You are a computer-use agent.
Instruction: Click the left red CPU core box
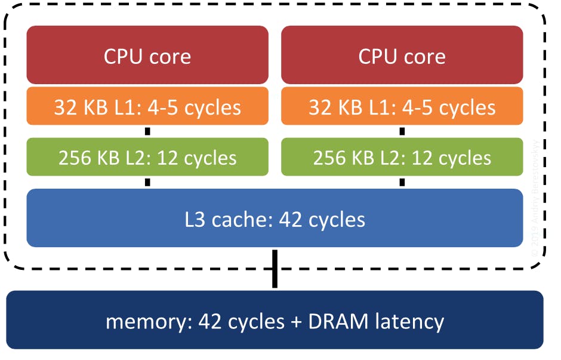pyautogui.click(x=147, y=55)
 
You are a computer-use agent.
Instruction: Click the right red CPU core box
pyautogui.click(x=402, y=55)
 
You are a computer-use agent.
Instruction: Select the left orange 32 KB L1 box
pyautogui.click(x=147, y=107)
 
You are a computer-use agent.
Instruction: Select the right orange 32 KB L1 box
pyautogui.click(x=402, y=107)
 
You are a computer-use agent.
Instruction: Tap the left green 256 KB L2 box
pyautogui.click(x=147, y=158)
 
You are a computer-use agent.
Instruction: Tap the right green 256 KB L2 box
pyautogui.click(x=402, y=158)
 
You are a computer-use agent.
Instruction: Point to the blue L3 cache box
pyautogui.click(x=275, y=219)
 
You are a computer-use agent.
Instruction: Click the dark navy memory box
pyautogui.click(x=275, y=321)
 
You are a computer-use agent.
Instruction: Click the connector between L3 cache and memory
pyautogui.click(x=275, y=270)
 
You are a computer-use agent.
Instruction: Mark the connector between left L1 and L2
pyautogui.click(x=147, y=131)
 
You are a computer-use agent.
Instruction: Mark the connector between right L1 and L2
pyautogui.click(x=402, y=131)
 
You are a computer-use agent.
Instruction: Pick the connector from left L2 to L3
pyautogui.click(x=147, y=182)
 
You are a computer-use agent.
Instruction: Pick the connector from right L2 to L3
pyautogui.click(x=402, y=182)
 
